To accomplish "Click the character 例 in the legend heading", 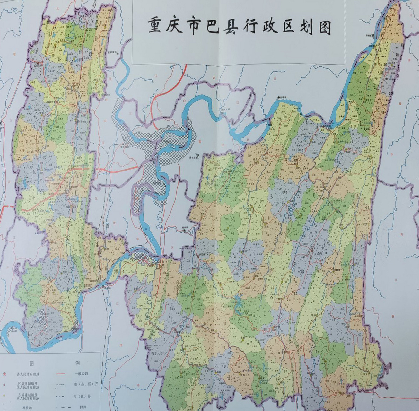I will pos(77,363).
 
